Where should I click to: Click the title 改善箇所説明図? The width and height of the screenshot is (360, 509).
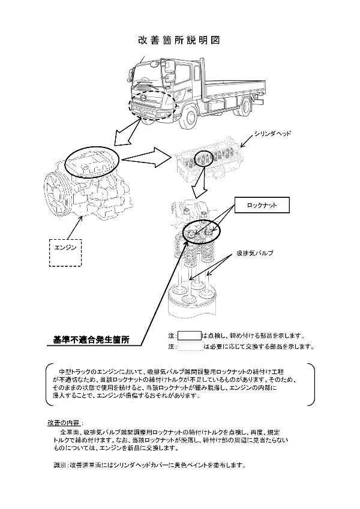(180, 40)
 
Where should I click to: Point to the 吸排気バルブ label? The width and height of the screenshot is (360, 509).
(254, 253)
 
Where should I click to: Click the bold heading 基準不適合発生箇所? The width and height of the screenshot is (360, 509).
(95, 340)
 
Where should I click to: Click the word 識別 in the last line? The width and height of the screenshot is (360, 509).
(59, 465)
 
